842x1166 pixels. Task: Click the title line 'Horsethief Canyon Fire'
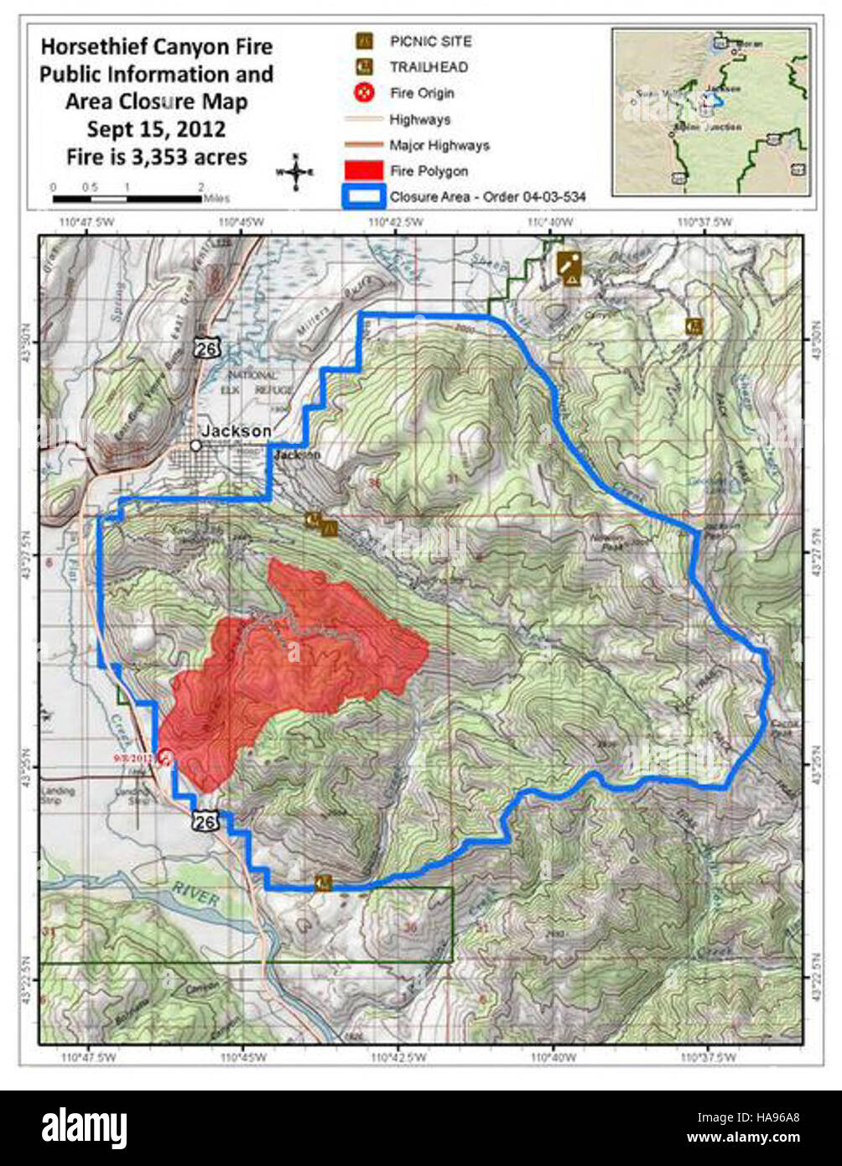pos(156,47)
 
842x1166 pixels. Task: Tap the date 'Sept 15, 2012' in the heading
pos(156,129)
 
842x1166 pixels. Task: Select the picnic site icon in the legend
pos(365,41)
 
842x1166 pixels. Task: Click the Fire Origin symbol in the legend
pos(365,93)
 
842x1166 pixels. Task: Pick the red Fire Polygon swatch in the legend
pos(365,171)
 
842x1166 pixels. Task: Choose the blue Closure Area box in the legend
pos(365,197)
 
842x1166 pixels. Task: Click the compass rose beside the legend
pos(295,172)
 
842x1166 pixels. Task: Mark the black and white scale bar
pos(126,199)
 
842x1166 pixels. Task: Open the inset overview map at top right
pos(710,112)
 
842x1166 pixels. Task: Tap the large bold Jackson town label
pos(236,431)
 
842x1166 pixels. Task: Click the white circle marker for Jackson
pos(195,445)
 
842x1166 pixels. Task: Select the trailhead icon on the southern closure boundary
pos(324,882)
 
